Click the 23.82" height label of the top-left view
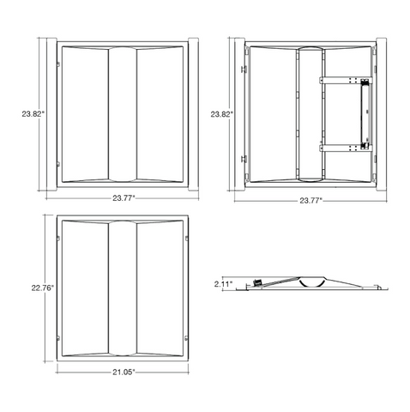point(33,114)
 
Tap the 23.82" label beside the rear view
point(222,114)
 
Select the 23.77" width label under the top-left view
point(124,198)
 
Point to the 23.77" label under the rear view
point(311,201)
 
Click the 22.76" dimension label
point(43,288)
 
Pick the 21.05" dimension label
point(124,372)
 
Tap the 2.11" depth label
point(223,284)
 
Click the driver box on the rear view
point(365,114)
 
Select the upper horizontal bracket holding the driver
point(346,81)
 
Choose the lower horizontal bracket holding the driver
point(346,148)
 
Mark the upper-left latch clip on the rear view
point(244,70)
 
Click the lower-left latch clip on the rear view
point(244,159)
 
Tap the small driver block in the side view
point(257,282)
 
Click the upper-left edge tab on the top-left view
point(58,64)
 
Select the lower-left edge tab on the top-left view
point(58,164)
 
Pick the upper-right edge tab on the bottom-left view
point(187,239)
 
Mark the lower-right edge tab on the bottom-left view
point(187,338)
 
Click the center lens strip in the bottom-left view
point(123,288)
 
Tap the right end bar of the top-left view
point(193,114)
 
